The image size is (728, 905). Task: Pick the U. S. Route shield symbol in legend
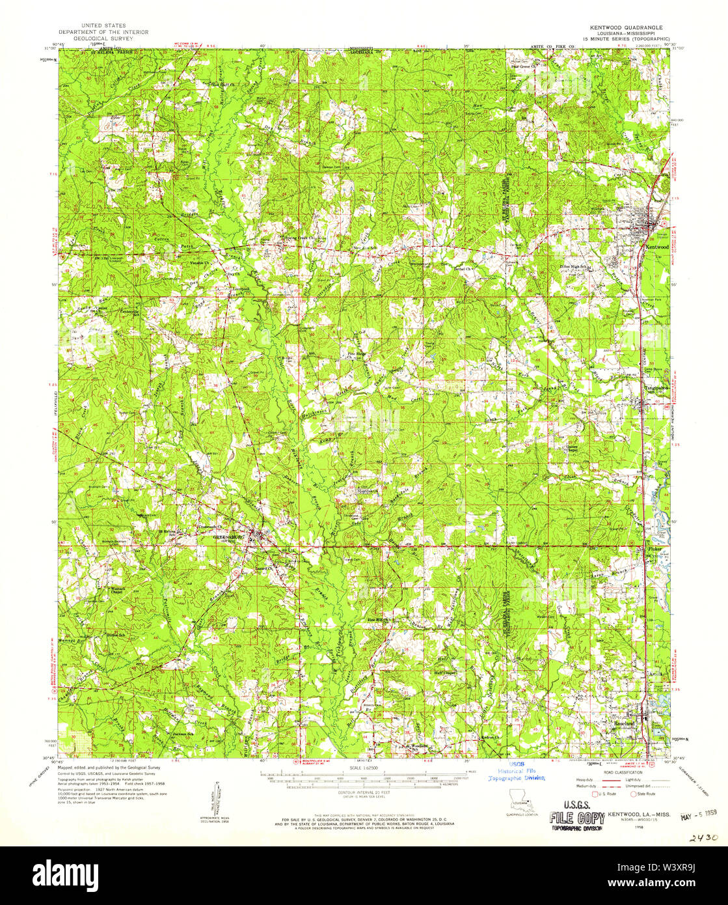pyautogui.click(x=593, y=793)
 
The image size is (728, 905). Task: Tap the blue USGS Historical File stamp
pyautogui.click(x=517, y=772)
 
